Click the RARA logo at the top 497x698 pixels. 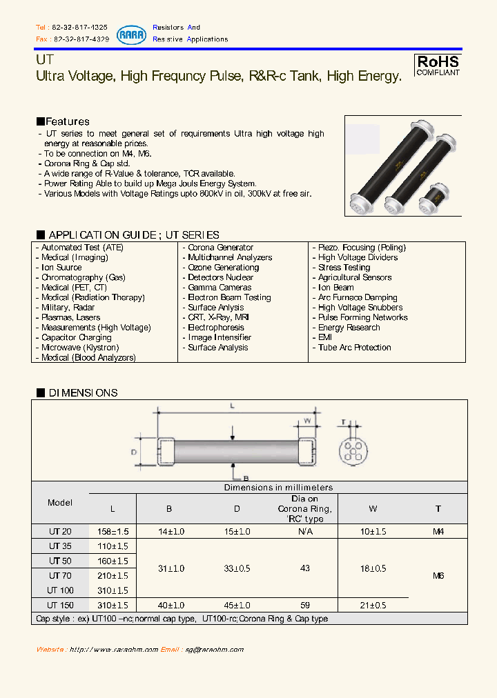[131, 34]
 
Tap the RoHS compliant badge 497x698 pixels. [438, 65]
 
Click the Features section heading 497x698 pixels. [63, 121]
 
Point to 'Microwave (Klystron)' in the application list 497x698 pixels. [79, 348]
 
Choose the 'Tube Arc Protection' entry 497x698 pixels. [354, 348]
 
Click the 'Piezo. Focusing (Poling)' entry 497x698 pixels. [362, 248]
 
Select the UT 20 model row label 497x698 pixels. [59, 532]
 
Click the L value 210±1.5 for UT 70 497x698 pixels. [113, 576]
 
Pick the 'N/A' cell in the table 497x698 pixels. [304, 532]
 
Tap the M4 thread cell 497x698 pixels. [438, 532]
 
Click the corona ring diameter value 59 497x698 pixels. [304, 605]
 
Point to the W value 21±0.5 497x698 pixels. [373, 605]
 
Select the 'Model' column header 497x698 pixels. [60, 503]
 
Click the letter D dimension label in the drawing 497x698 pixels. [135, 452]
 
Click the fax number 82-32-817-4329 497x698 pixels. [81, 39]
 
